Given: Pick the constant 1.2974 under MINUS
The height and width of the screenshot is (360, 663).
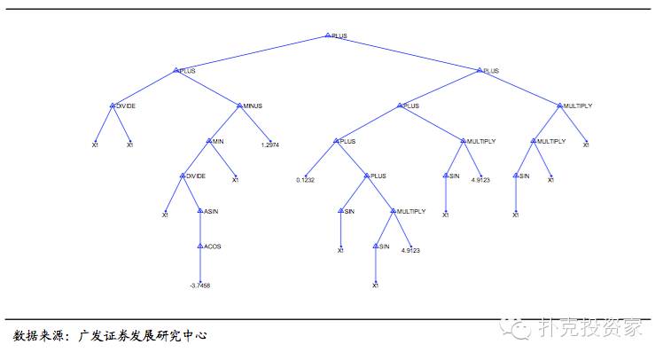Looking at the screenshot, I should pos(269,145).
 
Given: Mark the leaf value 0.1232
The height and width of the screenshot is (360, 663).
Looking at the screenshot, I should pos(306,180).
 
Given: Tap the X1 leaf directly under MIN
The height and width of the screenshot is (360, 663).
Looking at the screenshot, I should pos(235,180).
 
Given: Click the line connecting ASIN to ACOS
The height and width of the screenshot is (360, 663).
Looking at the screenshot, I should pos(200,229).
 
